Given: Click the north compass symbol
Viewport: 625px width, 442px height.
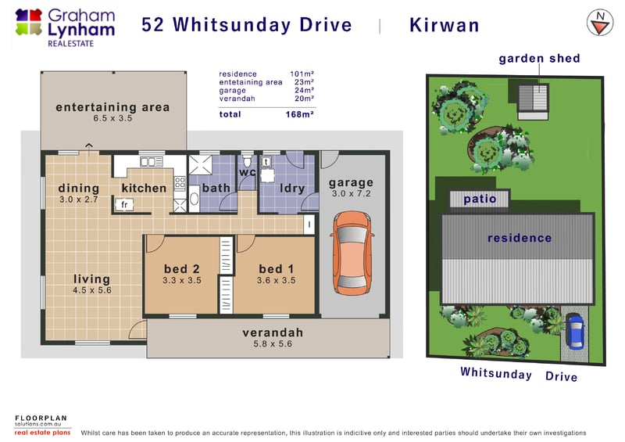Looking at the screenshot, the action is pyautogui.click(x=600, y=23).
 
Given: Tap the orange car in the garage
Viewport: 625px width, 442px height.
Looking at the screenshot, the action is pyautogui.click(x=352, y=253).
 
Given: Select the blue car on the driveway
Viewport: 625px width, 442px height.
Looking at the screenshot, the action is pyautogui.click(x=575, y=331).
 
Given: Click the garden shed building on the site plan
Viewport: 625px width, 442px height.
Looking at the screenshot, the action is pyautogui.click(x=533, y=101).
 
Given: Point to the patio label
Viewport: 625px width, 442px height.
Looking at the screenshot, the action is pyautogui.click(x=480, y=199).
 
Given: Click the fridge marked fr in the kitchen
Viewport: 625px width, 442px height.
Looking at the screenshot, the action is pyautogui.click(x=124, y=204).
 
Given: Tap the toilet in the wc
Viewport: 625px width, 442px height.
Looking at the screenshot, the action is pyautogui.click(x=247, y=160).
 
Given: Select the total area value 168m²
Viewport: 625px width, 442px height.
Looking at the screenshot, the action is pyautogui.click(x=299, y=114).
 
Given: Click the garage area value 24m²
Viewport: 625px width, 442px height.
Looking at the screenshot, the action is pyautogui.click(x=304, y=90).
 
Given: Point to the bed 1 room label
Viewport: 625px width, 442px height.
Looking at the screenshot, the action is pyautogui.click(x=276, y=268).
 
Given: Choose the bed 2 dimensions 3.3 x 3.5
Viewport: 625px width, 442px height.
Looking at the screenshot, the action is pyautogui.click(x=182, y=280).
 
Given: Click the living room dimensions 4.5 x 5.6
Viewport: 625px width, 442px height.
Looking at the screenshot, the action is pyautogui.click(x=91, y=290).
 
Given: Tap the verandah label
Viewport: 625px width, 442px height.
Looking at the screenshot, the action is pyautogui.click(x=273, y=332).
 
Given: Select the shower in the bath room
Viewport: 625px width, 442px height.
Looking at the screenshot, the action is pyautogui.click(x=200, y=165).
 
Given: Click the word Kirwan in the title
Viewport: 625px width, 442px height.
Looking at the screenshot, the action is pyautogui.click(x=444, y=25).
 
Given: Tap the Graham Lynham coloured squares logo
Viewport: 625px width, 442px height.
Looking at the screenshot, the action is pyautogui.click(x=29, y=23).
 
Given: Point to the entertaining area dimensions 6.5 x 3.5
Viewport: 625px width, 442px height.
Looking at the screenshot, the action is pyautogui.click(x=112, y=118).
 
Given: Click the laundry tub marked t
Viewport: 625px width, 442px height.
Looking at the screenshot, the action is pyautogui.click(x=266, y=162).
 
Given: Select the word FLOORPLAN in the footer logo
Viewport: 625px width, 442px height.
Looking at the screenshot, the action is pyautogui.click(x=41, y=418).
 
